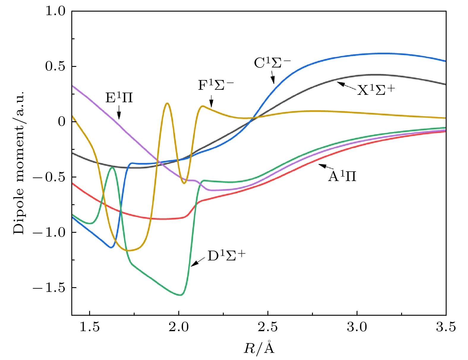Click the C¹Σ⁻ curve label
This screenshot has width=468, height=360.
[x=272, y=63]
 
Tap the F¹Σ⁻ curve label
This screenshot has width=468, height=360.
[x=216, y=86]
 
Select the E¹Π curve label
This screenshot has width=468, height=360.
[x=119, y=98]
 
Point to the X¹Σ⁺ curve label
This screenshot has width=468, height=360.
[x=376, y=90]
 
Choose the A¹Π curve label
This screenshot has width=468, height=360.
[x=342, y=177]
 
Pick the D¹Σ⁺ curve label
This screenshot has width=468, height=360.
[x=226, y=256]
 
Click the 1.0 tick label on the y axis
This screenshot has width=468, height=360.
[x=55, y=11]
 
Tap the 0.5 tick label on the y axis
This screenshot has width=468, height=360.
[x=55, y=67]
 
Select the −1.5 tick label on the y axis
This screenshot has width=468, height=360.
[x=49, y=288]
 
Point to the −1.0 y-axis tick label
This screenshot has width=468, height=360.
[x=49, y=232]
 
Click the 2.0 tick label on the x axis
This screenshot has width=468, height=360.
[x=179, y=327]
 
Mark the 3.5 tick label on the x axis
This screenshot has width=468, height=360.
[x=446, y=327]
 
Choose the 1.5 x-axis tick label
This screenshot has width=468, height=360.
[x=89, y=327]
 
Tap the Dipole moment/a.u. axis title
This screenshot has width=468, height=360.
[x=18, y=162]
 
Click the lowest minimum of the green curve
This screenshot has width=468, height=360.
[x=180, y=295]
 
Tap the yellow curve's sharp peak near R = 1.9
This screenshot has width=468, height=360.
[x=167, y=103]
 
